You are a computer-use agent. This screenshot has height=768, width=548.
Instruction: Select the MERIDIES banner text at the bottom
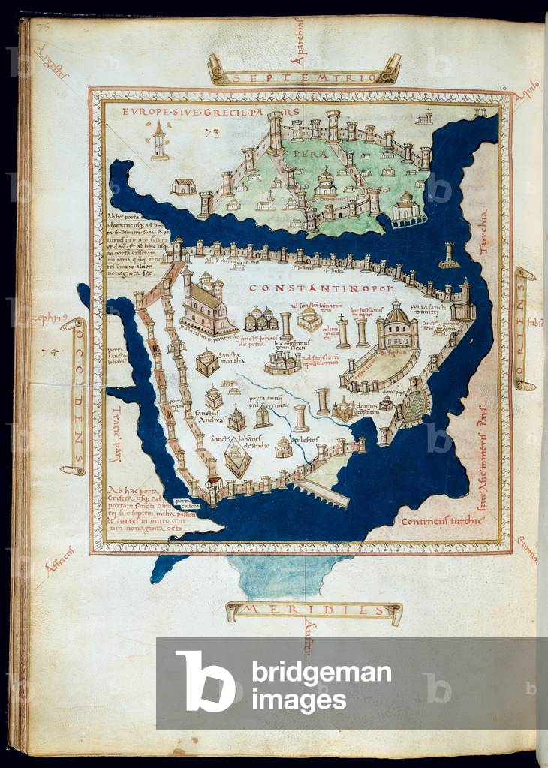(313, 610)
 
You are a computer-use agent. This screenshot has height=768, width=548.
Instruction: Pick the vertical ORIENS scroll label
(522, 328)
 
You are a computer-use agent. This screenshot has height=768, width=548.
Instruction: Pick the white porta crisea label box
(182, 503)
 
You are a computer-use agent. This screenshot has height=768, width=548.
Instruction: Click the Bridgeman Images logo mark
(204, 682)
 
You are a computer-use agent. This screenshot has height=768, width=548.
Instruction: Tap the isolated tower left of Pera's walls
(159, 140)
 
